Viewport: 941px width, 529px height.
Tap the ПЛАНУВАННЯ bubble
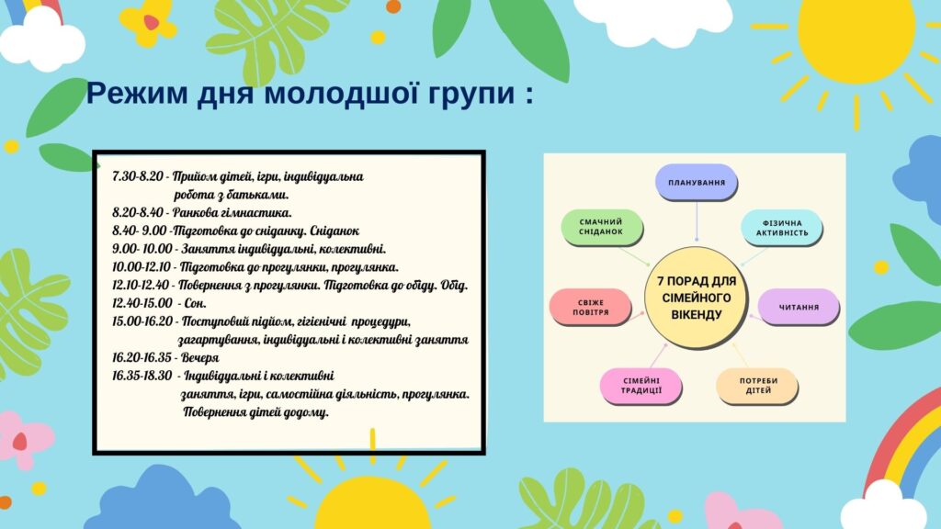tap(697, 183)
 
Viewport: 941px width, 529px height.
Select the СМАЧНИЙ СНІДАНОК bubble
tap(602, 228)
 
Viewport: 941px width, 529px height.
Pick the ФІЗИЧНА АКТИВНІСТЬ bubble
tap(781, 228)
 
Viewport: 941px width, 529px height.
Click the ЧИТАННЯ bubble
tap(799, 307)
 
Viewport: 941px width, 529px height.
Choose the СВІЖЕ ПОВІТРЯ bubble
tap(591, 307)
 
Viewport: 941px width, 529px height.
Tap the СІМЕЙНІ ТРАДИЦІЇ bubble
tap(641, 386)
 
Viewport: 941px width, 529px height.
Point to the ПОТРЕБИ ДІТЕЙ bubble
tap(757, 386)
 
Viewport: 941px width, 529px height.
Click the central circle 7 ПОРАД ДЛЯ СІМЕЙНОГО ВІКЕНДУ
tap(697, 298)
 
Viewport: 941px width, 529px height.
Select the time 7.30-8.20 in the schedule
tap(138, 176)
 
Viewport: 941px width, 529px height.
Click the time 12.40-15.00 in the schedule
tap(142, 303)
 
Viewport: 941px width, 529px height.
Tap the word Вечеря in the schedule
tap(199, 357)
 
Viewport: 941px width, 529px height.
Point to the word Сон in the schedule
tap(195, 303)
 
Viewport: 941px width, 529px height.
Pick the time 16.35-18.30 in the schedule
tap(142, 376)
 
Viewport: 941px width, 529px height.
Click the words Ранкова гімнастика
tap(232, 212)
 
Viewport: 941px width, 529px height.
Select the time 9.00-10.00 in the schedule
tap(142, 248)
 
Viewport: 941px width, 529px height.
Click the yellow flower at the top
tap(148, 23)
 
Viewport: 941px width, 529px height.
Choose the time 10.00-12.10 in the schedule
tap(141, 267)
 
